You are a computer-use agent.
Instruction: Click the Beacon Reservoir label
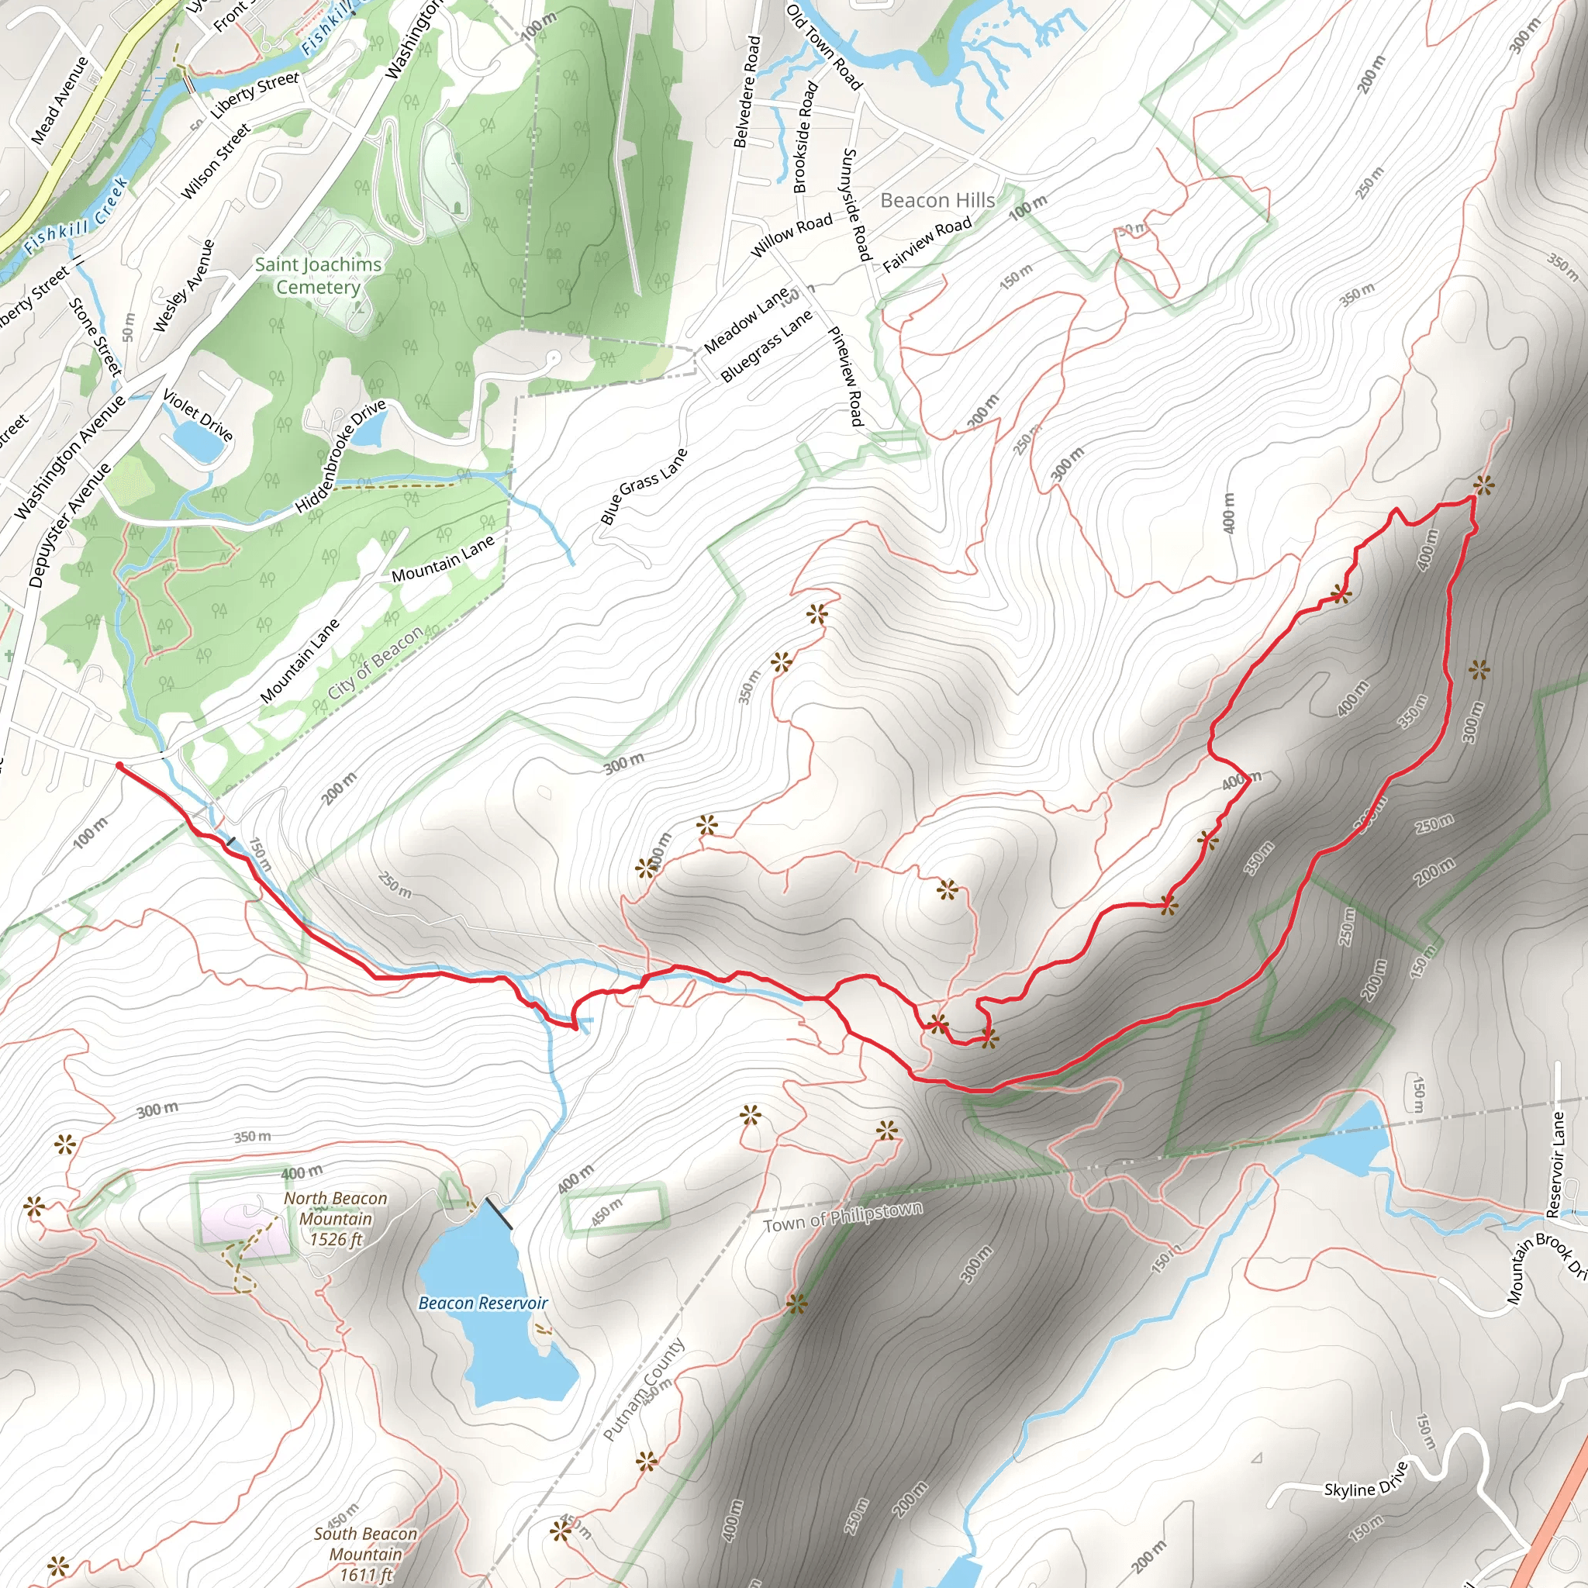click(x=482, y=1303)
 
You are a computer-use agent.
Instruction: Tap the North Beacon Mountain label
click(x=334, y=1219)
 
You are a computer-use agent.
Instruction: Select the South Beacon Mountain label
click(x=365, y=1553)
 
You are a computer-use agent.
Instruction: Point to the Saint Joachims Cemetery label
click(x=318, y=275)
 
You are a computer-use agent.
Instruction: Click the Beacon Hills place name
click(x=937, y=201)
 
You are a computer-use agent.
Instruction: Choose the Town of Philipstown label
click(x=843, y=1217)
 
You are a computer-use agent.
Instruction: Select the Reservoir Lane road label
click(x=1556, y=1165)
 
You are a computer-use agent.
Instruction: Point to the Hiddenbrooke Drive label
click(x=340, y=457)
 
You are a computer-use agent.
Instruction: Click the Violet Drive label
click(x=198, y=415)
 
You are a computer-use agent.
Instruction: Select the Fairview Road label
click(x=927, y=243)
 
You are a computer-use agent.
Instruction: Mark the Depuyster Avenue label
click(x=69, y=525)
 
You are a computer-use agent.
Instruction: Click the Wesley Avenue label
click(x=184, y=286)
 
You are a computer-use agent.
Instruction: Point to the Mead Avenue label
click(x=59, y=100)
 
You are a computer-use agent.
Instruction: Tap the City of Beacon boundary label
click(x=375, y=663)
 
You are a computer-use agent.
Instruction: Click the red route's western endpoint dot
click(x=120, y=766)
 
